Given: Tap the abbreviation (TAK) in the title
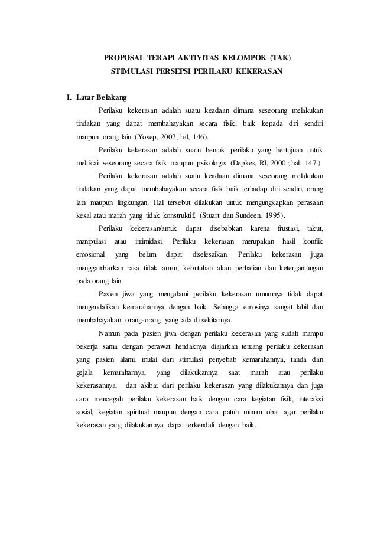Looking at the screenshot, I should click(280, 59).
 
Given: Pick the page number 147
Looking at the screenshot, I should click(313, 163).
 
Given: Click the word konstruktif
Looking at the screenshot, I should click(172, 215).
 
